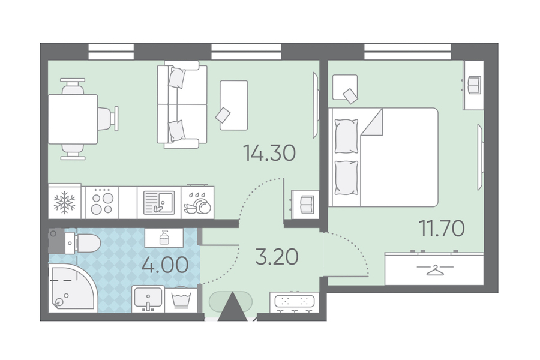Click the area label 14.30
269,154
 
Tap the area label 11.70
442,229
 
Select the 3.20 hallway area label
277,257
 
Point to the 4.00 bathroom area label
166,265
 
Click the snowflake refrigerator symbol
64,203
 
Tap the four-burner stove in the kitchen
102,202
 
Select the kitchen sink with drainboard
159,203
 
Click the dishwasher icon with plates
197,203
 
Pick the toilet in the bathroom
83,243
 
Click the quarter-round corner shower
71,288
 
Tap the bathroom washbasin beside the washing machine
148,298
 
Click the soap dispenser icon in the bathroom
164,238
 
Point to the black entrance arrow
233,307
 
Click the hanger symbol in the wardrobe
434,270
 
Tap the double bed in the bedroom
383,157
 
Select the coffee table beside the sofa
234,105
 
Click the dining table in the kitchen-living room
73,119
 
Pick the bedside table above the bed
345,87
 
